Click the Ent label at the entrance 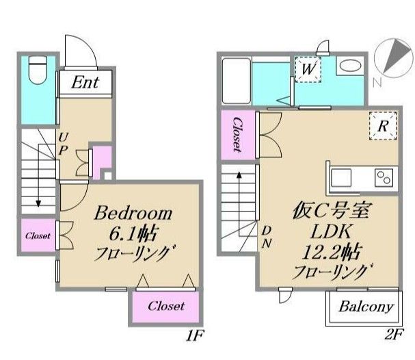click(x=85, y=83)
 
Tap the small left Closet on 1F click(x=38, y=236)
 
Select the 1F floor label click(x=196, y=336)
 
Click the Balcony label click(x=366, y=306)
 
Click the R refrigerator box click(x=384, y=126)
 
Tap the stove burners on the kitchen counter click(x=383, y=178)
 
